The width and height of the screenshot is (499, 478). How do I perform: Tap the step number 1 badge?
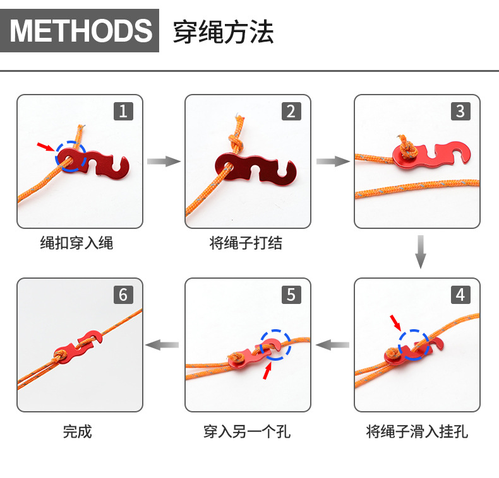click(x=123, y=112)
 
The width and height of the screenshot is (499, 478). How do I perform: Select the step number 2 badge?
click(x=291, y=112)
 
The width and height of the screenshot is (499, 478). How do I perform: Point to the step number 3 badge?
click(x=460, y=112)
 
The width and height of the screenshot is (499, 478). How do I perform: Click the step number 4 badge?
click(x=460, y=294)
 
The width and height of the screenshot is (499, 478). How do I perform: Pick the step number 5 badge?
click(x=291, y=294)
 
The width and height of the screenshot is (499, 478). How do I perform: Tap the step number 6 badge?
click(x=123, y=294)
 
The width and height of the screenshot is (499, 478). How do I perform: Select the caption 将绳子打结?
click(x=246, y=243)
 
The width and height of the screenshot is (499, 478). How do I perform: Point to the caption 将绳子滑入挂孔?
click(x=417, y=431)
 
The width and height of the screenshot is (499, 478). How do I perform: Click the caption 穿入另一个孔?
click(x=247, y=431)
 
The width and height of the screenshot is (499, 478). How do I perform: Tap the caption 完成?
click(x=77, y=431)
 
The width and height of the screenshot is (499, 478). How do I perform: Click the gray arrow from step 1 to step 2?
click(x=164, y=162)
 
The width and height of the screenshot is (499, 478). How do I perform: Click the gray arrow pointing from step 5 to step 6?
click(x=162, y=345)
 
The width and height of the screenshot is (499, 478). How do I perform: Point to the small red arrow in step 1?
click(x=45, y=147)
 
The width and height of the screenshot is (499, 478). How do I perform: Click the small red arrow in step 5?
click(x=268, y=372)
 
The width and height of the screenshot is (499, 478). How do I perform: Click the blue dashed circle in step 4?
click(x=414, y=344)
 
